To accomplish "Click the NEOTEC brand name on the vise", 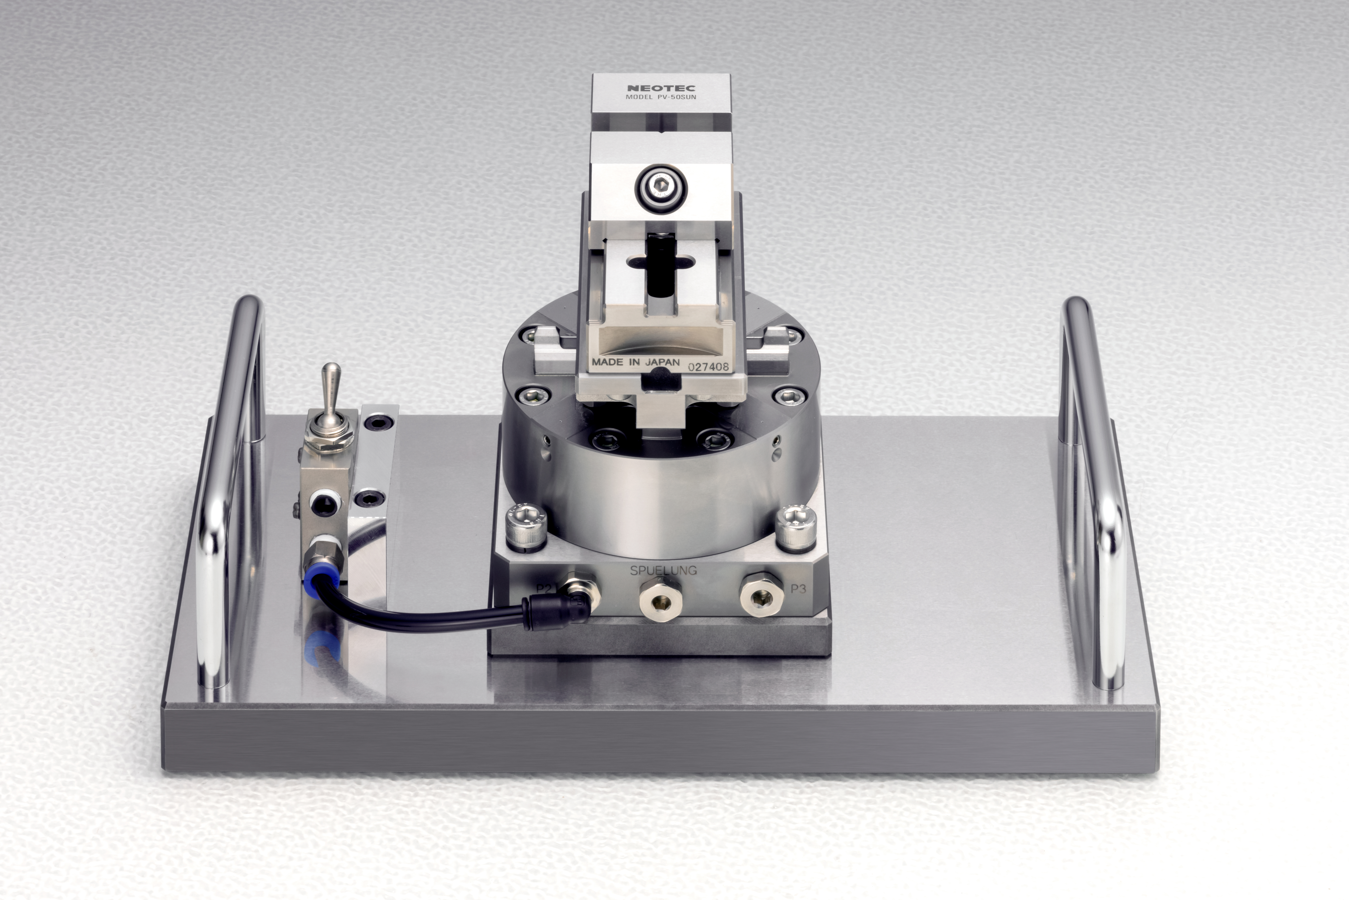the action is pyautogui.click(x=661, y=88).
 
